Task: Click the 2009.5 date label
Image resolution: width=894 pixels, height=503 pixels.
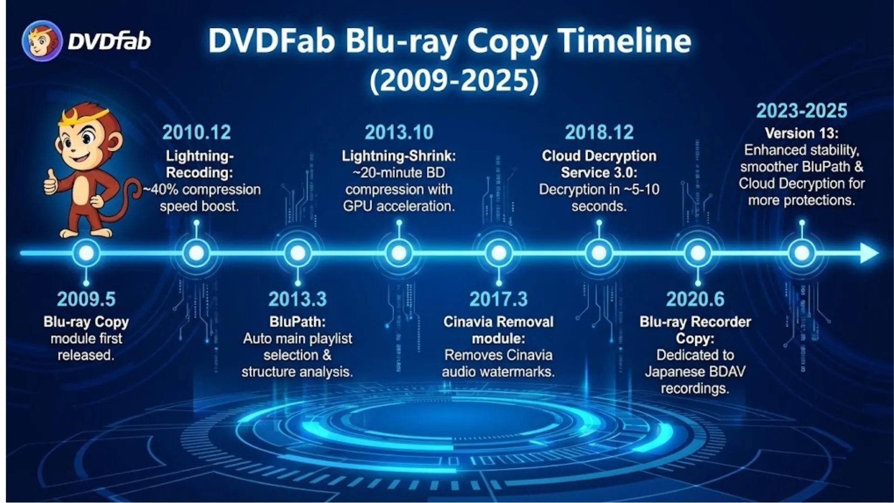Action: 86,299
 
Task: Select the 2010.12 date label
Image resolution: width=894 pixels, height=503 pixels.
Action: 196,133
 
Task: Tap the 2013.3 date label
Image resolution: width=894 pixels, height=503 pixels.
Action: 298,299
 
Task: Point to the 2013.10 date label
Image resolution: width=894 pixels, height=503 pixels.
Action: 399,133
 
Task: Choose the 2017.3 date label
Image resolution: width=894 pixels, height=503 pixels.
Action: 498,299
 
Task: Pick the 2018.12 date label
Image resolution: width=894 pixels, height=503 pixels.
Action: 599,133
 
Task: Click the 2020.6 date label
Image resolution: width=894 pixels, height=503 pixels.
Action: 695,299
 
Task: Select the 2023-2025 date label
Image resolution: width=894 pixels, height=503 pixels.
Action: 801,111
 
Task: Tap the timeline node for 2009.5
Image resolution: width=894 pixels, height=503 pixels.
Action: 86,253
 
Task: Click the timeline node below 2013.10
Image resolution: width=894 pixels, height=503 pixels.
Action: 399,253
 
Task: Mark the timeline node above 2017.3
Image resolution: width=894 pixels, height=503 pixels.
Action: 499,253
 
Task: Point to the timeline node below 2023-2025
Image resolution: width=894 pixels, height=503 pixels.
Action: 802,253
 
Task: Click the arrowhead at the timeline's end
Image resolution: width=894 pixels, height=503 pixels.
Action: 869,253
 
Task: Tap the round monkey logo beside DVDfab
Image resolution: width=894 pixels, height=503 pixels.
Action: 42,41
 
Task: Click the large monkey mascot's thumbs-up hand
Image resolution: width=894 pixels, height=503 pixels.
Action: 51,182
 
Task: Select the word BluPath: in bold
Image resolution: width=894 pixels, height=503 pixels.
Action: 298,322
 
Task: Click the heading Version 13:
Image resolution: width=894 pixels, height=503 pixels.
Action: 801,133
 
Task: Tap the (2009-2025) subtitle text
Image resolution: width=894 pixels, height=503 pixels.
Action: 454,81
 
